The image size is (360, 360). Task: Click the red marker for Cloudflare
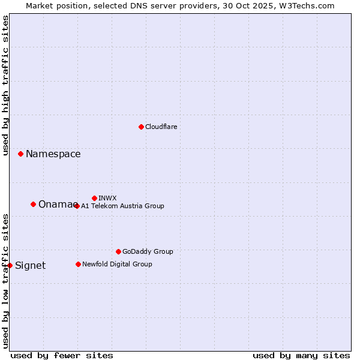point(141,127)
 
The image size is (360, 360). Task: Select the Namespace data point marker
point(20,154)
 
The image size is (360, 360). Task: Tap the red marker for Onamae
point(33,205)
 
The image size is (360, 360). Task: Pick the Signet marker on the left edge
point(10,265)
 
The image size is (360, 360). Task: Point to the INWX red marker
point(94,198)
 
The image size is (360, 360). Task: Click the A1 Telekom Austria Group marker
point(77,206)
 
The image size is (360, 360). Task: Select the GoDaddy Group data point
point(118,251)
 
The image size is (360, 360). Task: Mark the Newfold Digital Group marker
point(78,264)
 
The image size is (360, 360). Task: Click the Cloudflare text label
point(161,127)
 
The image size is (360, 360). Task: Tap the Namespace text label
point(53,154)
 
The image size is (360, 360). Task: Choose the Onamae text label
point(58,205)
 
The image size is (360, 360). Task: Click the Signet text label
point(30,266)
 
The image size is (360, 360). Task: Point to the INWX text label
point(107,198)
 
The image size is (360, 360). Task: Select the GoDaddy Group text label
point(148,251)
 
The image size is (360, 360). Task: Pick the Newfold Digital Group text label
point(117,264)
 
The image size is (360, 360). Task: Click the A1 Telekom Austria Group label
point(122,206)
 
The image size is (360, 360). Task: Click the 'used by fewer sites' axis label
point(62,355)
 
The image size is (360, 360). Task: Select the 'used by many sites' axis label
point(301,355)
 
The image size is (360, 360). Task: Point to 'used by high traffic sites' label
point(5,85)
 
